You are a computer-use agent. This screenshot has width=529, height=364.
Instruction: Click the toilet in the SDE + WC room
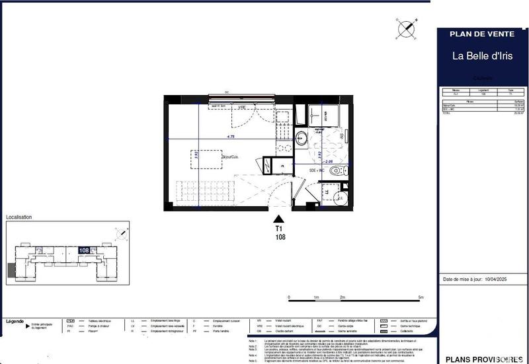[337, 170]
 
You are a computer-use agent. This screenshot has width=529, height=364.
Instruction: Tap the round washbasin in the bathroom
[301, 138]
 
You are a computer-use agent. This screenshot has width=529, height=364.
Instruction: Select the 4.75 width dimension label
[230, 136]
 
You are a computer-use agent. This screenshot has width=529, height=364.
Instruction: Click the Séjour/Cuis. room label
[231, 157]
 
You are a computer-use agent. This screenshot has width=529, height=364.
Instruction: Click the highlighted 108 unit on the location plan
[84, 250]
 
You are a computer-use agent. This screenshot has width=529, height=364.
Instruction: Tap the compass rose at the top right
[405, 28]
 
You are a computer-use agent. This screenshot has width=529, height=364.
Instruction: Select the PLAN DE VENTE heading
[482, 34]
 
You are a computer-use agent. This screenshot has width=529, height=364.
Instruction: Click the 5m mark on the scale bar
[421, 298]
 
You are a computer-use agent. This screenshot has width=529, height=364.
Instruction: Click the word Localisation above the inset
[19, 217]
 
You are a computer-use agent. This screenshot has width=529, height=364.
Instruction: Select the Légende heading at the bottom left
[15, 321]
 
